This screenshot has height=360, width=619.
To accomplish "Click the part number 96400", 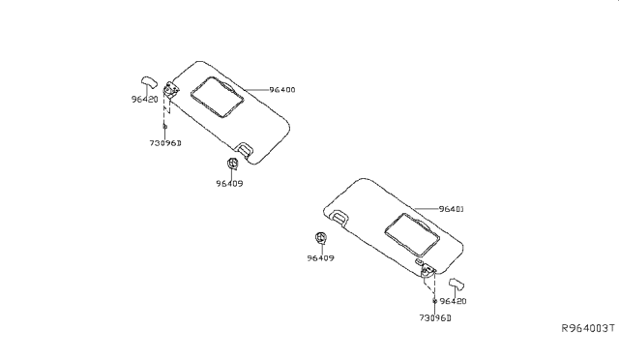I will point(282,90).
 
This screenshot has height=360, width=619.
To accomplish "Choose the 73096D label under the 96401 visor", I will point(434,316).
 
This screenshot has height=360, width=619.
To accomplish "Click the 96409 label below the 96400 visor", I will point(229,182).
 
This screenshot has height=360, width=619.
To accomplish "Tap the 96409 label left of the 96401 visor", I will point(321,257).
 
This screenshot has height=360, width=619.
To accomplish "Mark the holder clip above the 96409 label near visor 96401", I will point(320,239).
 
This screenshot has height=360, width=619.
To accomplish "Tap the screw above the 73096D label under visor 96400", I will point(165,127).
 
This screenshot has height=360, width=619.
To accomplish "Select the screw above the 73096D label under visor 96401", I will point(435,302).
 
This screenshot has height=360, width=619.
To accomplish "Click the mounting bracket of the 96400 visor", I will point(172,90).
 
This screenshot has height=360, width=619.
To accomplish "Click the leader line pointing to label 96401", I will point(426,209).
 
